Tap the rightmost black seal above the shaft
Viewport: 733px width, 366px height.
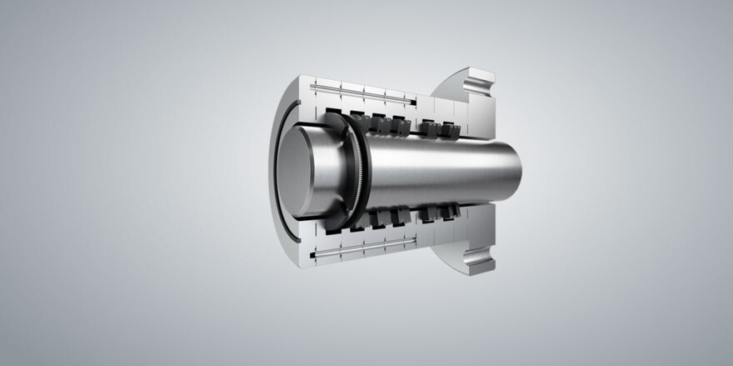(x=451, y=130)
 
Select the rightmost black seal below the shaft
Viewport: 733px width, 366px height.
(x=451, y=216)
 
